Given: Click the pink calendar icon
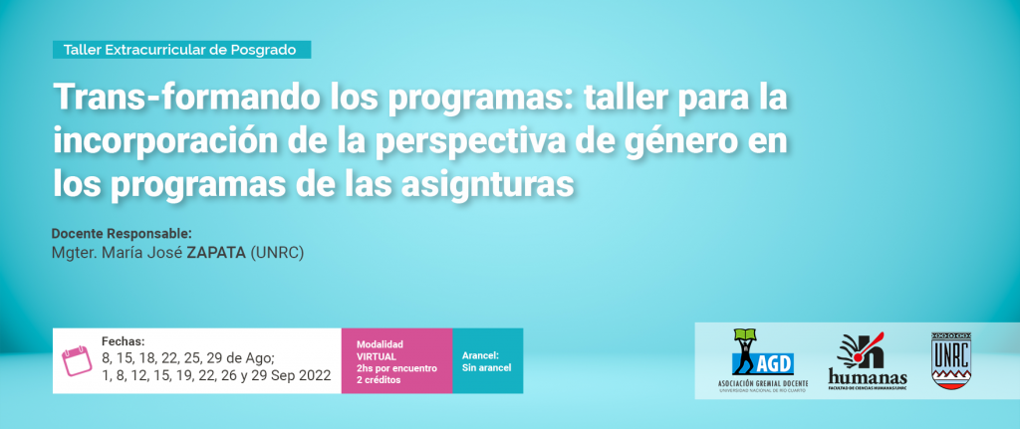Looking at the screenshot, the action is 73,361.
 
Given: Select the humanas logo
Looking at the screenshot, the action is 868,360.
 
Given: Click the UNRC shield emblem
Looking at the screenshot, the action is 950,360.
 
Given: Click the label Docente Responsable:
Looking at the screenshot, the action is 122,233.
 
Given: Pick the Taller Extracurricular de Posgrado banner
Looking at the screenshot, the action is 181,50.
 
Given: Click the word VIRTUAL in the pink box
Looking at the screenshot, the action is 378,356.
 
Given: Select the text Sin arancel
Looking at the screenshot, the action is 486,368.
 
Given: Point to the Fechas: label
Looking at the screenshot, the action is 123,341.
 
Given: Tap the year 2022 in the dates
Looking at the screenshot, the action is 312,375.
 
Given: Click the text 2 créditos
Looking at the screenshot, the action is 379,380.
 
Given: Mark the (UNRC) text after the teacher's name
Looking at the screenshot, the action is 277,253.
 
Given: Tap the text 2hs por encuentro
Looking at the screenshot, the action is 396,368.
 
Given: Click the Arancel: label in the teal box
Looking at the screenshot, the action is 480,355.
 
